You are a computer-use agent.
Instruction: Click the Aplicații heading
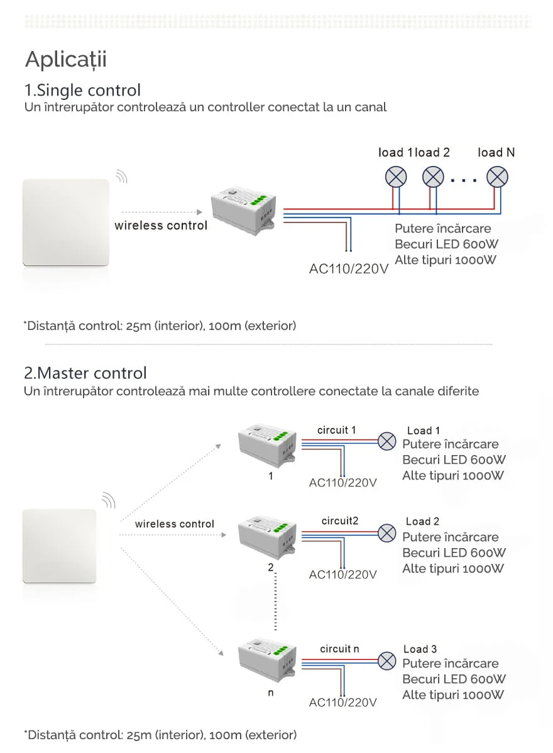(65, 60)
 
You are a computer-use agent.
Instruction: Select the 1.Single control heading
(82, 90)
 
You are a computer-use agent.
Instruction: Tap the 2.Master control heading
(85, 373)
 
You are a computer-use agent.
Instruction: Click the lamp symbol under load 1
(396, 177)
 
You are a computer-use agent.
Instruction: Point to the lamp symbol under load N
(498, 177)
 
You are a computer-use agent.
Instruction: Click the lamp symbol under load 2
(433, 177)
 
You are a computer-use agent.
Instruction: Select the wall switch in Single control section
(65, 224)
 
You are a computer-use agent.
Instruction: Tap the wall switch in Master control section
(60, 546)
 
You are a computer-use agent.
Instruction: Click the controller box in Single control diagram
(243, 211)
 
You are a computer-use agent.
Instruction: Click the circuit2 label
(339, 520)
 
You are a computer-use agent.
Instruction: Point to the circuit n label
(339, 649)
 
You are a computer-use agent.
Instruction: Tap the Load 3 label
(420, 649)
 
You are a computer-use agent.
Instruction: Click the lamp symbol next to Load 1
(386, 441)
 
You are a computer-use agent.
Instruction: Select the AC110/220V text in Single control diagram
(349, 268)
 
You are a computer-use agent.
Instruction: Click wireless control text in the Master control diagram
(174, 524)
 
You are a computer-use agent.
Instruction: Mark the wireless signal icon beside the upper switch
(122, 175)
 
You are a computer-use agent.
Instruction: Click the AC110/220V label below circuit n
(342, 702)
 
